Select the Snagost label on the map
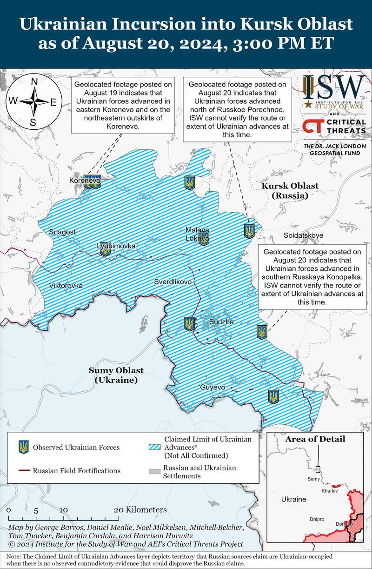click(x=62, y=232)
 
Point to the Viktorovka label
click(x=66, y=285)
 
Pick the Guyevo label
click(x=213, y=387)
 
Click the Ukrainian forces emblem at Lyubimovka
click(x=106, y=249)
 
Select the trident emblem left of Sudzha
click(x=189, y=323)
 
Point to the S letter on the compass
click(x=33, y=122)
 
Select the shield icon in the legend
click(x=23, y=447)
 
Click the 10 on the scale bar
click(x=64, y=509)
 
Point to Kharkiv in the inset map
click(x=329, y=491)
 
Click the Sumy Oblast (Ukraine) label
click(x=116, y=375)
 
